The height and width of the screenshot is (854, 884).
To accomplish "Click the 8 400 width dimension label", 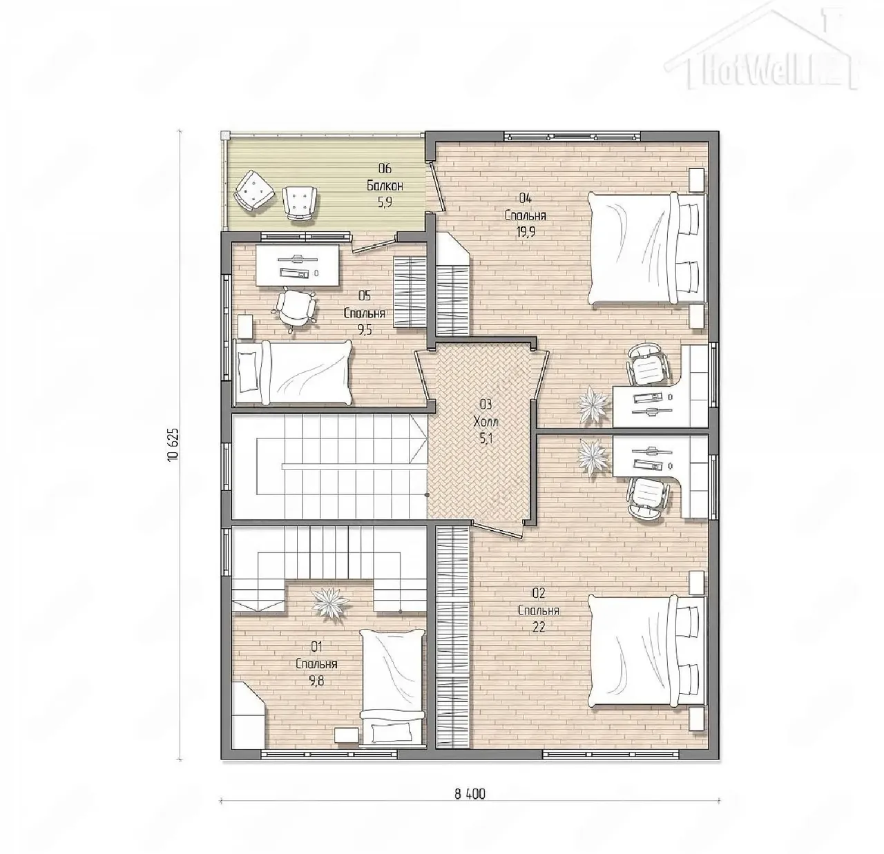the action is click(470, 794).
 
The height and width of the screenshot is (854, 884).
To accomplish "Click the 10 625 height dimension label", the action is click(173, 445).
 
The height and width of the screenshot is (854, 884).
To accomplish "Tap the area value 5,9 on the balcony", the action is click(385, 202).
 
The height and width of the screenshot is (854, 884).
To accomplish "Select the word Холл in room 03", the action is click(486, 422).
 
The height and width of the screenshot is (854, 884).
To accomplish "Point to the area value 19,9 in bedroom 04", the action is click(526, 232).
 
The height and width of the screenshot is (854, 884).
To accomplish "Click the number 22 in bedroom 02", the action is click(538, 627).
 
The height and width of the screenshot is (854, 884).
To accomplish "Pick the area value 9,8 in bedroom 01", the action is click(316, 681).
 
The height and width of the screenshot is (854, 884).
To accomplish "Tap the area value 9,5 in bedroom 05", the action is click(365, 330).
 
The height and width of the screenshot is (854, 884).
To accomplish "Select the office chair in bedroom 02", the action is click(648, 497).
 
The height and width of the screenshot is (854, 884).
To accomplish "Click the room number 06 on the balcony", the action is click(385, 169).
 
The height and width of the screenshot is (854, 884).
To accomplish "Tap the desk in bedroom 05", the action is click(298, 265).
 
